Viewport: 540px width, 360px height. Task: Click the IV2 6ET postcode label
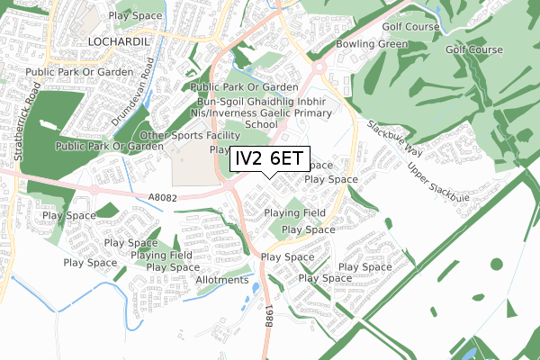pos(271,158)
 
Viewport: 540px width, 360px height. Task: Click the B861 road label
pos(268,316)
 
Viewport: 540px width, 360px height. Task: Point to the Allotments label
pos(221,280)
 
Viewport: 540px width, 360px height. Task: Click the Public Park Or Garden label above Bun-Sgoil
pos(246,86)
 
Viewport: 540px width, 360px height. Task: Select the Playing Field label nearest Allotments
pos(161,256)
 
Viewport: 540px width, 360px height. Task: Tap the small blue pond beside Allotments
pos(256,288)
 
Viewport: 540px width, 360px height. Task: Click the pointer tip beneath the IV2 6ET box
pos(271,177)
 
